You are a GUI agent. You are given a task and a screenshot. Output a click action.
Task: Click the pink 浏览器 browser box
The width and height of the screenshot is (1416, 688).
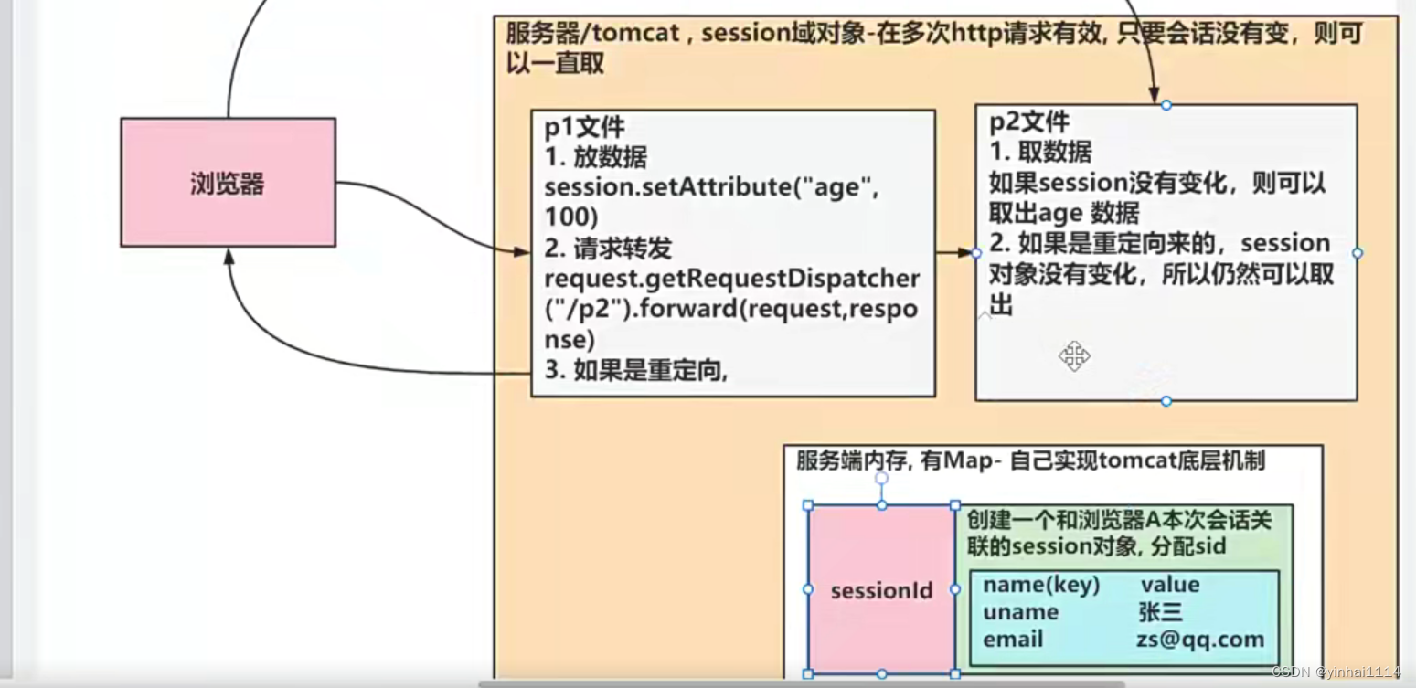click(228, 183)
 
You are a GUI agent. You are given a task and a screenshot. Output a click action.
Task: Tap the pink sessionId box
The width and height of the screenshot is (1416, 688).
click(881, 590)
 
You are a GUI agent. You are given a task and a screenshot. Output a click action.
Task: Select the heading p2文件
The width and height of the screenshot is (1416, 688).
click(1029, 122)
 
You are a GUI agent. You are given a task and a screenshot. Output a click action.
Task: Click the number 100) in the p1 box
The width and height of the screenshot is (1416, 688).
click(571, 217)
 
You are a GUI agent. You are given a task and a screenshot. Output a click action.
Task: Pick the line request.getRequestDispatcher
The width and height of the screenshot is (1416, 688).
click(731, 277)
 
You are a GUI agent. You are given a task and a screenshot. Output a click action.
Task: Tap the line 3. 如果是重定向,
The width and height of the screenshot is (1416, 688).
click(636, 370)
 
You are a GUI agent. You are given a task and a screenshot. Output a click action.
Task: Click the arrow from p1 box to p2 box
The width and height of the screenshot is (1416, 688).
click(954, 251)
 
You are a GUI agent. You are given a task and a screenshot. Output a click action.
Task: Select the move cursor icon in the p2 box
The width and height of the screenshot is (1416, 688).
click(1074, 355)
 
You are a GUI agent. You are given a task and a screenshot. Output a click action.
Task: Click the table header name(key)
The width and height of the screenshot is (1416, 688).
click(1041, 585)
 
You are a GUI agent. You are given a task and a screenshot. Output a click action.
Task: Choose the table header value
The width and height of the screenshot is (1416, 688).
click(1169, 585)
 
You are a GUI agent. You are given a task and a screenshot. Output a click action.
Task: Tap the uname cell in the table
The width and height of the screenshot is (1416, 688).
click(1020, 612)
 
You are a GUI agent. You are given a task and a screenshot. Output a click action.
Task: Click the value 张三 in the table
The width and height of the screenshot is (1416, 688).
click(1160, 612)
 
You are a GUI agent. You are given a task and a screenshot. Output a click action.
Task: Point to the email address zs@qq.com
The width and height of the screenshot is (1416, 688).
click(1199, 640)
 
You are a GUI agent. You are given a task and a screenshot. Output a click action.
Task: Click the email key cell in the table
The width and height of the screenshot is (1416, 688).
click(1013, 640)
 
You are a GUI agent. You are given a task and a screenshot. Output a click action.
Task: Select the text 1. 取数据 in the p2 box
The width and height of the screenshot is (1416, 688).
click(1040, 151)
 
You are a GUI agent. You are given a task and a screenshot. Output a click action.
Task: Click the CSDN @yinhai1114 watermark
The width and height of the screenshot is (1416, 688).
click(1336, 672)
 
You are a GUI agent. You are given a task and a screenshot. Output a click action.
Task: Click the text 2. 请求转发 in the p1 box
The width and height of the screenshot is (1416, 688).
click(609, 248)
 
